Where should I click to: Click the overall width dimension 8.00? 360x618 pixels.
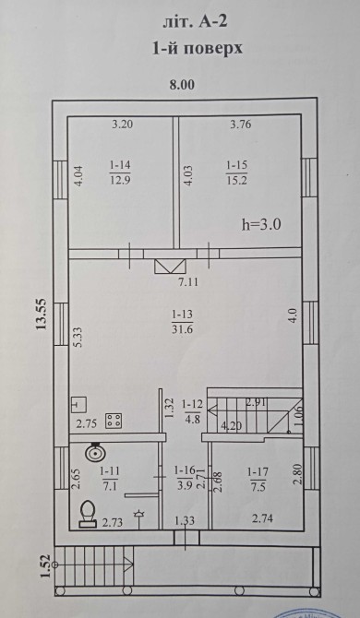[x=182, y=85]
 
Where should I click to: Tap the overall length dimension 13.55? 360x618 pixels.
[x=41, y=315]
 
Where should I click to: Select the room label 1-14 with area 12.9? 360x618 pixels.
[x=120, y=172]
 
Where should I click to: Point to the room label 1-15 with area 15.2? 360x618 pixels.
[x=236, y=172]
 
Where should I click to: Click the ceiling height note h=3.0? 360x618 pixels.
[x=261, y=225]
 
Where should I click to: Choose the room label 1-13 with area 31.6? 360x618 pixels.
[x=182, y=322]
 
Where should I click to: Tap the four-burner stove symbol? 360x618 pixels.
[x=114, y=421]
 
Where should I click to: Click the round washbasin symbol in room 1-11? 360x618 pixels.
[x=95, y=452]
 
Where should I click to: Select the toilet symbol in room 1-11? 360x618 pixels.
[x=88, y=514]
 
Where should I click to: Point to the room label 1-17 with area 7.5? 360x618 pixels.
[x=257, y=480]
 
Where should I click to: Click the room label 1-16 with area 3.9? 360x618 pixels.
[x=185, y=477]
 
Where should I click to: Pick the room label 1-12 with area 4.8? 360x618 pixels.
[x=192, y=411]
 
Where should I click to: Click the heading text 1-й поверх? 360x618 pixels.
[x=198, y=49]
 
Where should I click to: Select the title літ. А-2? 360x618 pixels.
[x=195, y=22]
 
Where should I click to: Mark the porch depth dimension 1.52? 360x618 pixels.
[x=45, y=565]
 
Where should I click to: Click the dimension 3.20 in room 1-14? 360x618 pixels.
[x=123, y=125]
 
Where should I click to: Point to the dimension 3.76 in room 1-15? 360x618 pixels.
[x=241, y=125]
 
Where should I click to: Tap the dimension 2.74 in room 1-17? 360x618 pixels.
[x=263, y=518]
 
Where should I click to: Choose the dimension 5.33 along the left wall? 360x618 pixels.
[x=78, y=338]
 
